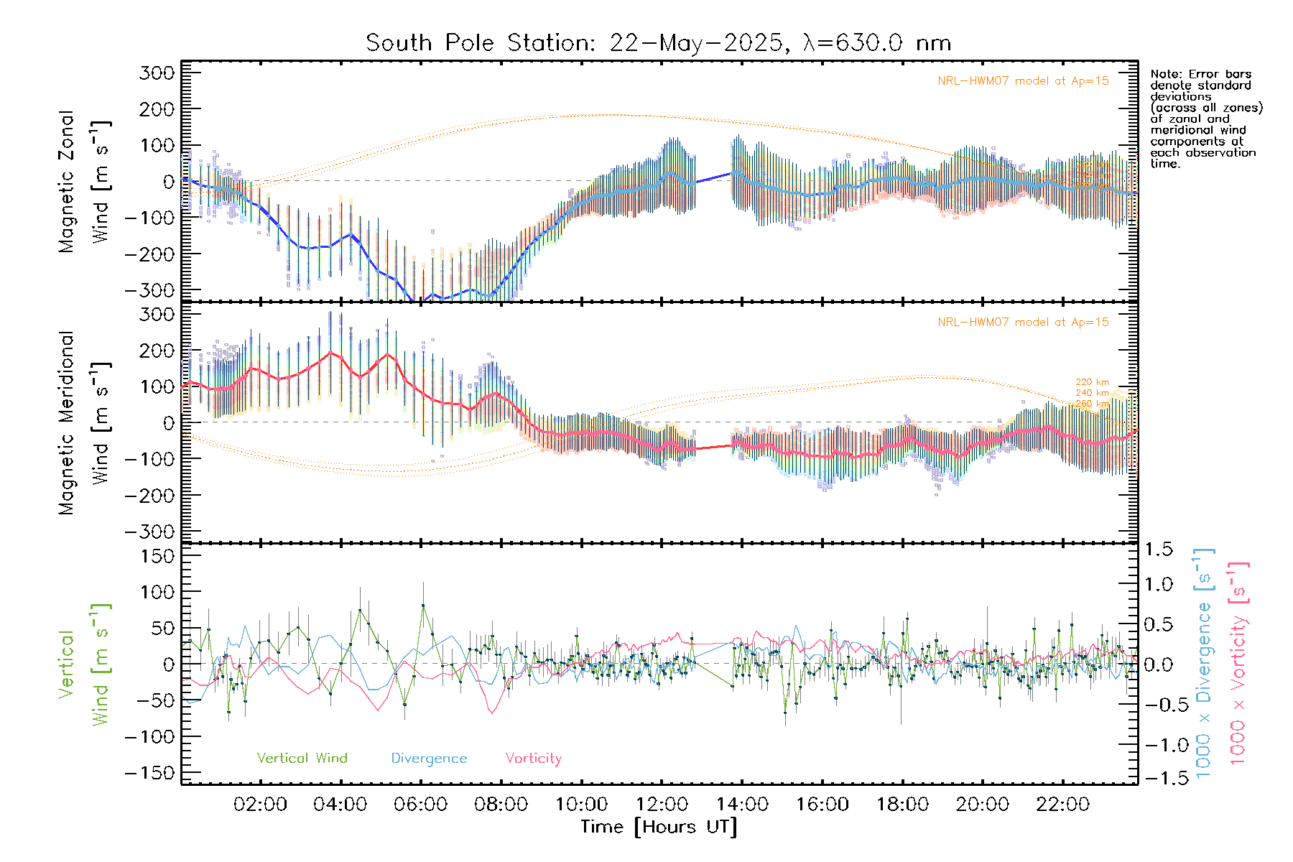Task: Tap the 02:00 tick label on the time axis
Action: (x=260, y=805)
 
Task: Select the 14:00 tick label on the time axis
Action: (x=742, y=805)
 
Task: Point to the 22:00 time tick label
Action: (x=1063, y=805)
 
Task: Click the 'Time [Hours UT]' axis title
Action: (x=659, y=828)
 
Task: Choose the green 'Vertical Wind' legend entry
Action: (x=302, y=759)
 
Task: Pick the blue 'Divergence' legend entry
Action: (x=429, y=759)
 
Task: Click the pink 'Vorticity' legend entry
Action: (x=533, y=759)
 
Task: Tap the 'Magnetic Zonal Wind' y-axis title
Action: (x=85, y=181)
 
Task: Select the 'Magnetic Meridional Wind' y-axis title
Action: (x=85, y=422)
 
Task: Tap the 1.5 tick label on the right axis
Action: (x=1159, y=550)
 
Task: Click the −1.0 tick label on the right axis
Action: (x=1158, y=745)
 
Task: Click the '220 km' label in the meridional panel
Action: (x=1092, y=382)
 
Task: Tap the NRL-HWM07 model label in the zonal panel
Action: (x=1023, y=81)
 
